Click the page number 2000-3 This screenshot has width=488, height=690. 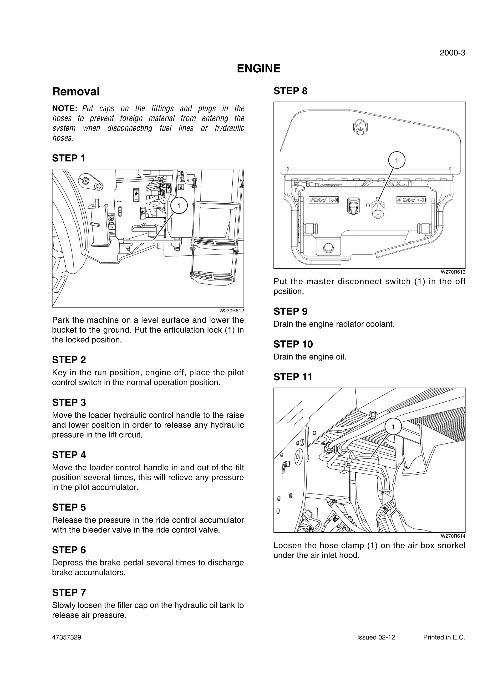pyautogui.click(x=452, y=53)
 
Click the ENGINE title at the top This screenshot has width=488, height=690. pyautogui.click(x=259, y=69)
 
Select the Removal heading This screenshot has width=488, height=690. pyautogui.click(x=76, y=91)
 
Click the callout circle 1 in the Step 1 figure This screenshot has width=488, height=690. pyautogui.click(x=179, y=206)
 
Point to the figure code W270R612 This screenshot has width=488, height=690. pyautogui.click(x=232, y=311)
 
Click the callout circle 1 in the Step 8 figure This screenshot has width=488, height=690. pyautogui.click(x=396, y=161)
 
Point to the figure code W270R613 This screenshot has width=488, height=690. pyautogui.click(x=453, y=272)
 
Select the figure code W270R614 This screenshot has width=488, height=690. pyautogui.click(x=453, y=536)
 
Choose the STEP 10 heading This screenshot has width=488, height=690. pyautogui.click(x=293, y=344)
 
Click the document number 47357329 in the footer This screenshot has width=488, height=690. pyautogui.click(x=66, y=637)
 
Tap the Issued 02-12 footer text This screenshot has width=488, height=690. pyautogui.click(x=376, y=637)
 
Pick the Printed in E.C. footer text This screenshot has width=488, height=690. pyautogui.click(x=444, y=637)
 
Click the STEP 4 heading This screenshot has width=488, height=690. pyautogui.click(x=69, y=455)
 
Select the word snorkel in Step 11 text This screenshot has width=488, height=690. pyautogui.click(x=451, y=545)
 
